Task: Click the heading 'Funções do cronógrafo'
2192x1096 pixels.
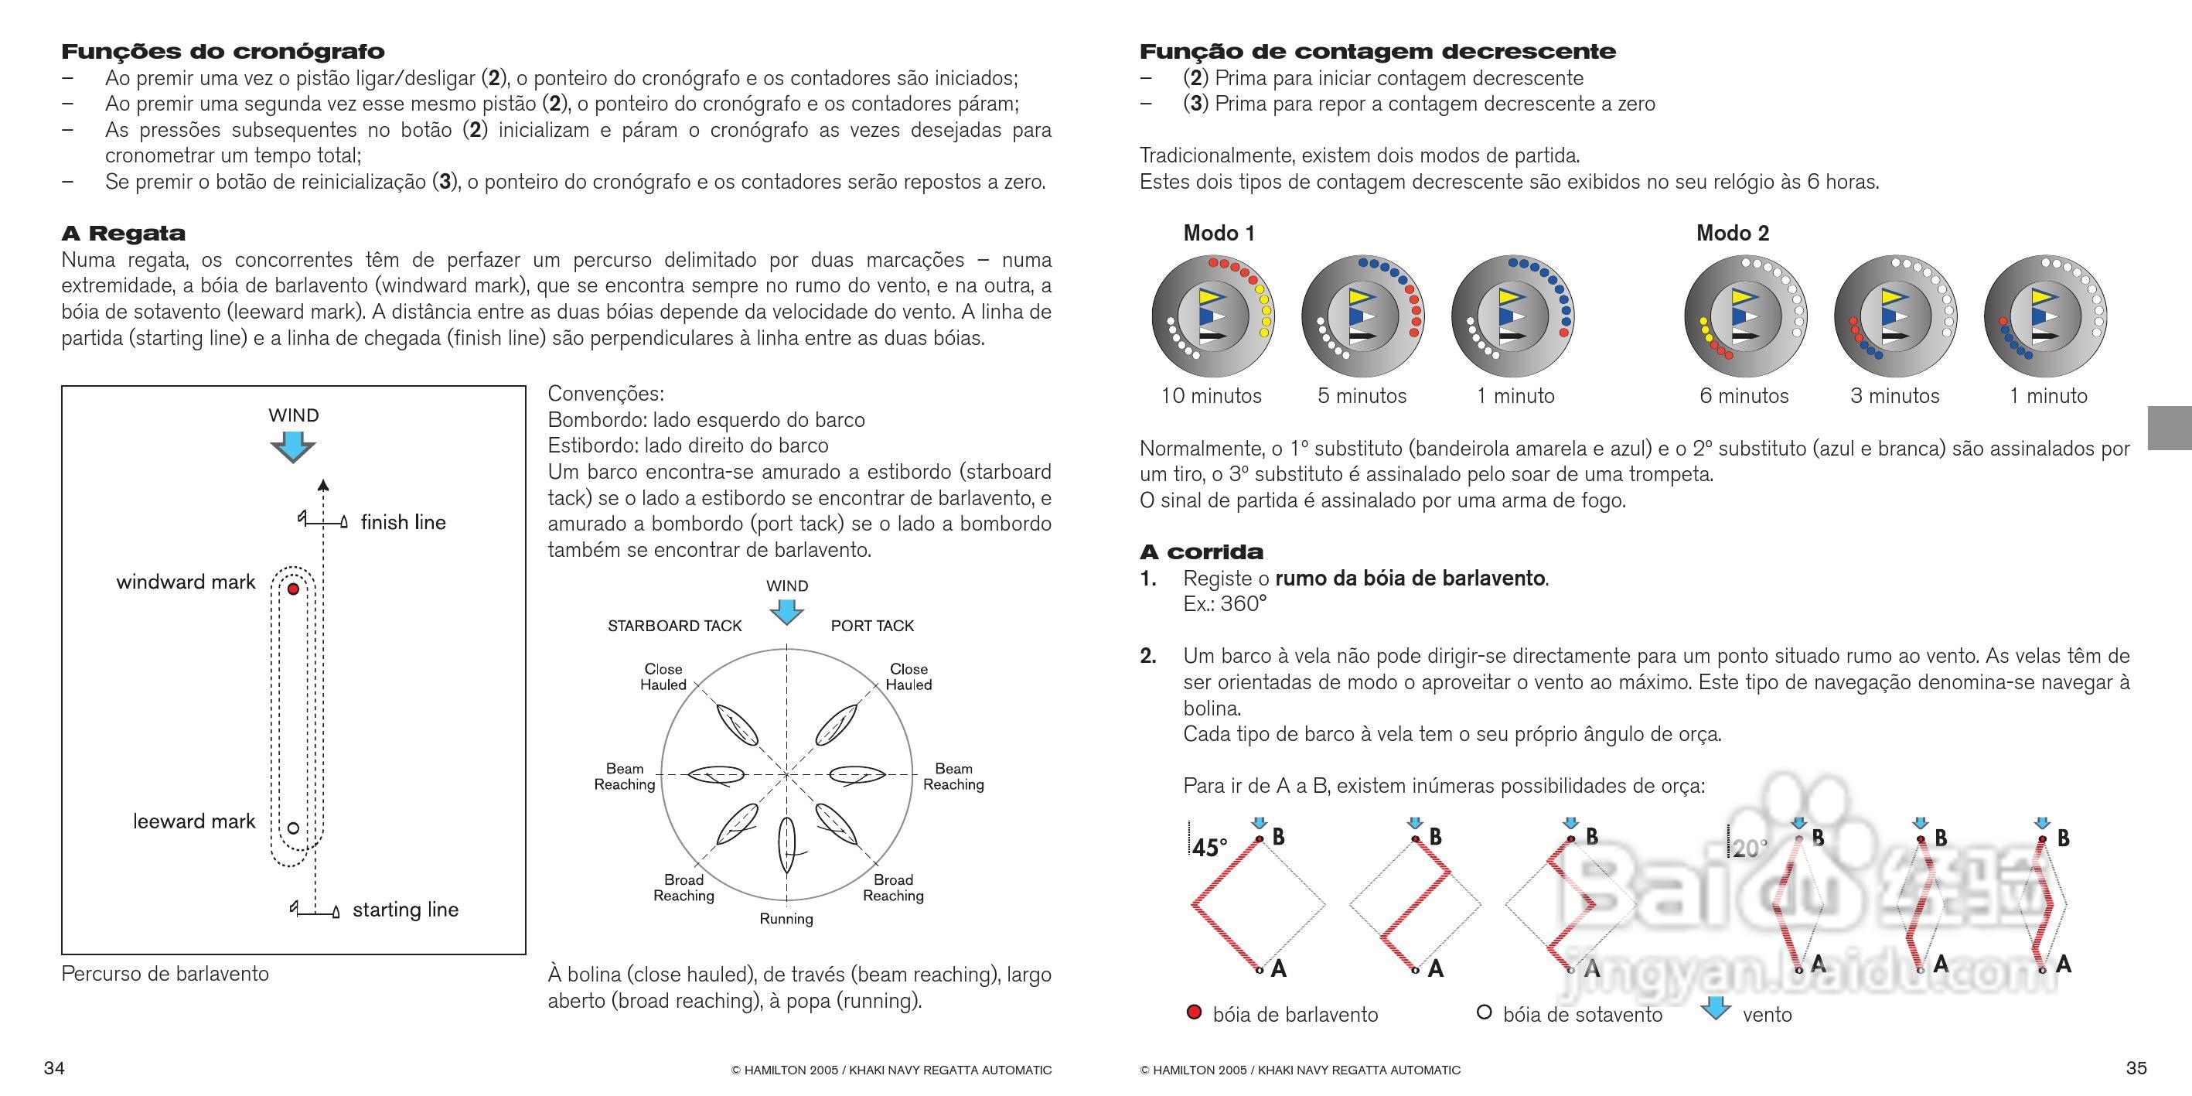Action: (x=223, y=52)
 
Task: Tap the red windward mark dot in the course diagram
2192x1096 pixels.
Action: (x=294, y=589)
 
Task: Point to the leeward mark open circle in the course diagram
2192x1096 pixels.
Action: (x=294, y=828)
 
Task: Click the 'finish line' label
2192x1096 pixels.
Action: (x=403, y=522)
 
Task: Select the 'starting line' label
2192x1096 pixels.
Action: (x=405, y=910)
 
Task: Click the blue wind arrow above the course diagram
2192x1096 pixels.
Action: (x=293, y=446)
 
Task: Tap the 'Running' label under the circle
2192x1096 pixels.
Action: (x=786, y=919)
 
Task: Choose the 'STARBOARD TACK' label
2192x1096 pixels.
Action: (x=675, y=627)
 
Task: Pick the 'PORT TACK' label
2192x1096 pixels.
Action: (x=872, y=627)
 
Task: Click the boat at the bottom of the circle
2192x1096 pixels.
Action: (x=787, y=845)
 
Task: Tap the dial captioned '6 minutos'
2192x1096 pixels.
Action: (x=1745, y=316)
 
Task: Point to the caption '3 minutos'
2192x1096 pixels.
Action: (x=1895, y=397)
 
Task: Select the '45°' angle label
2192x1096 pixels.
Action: (x=1209, y=848)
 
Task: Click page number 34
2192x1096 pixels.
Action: (x=54, y=1069)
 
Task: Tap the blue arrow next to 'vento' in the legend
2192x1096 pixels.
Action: (x=1715, y=1009)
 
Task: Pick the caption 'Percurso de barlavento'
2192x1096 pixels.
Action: (x=165, y=975)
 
